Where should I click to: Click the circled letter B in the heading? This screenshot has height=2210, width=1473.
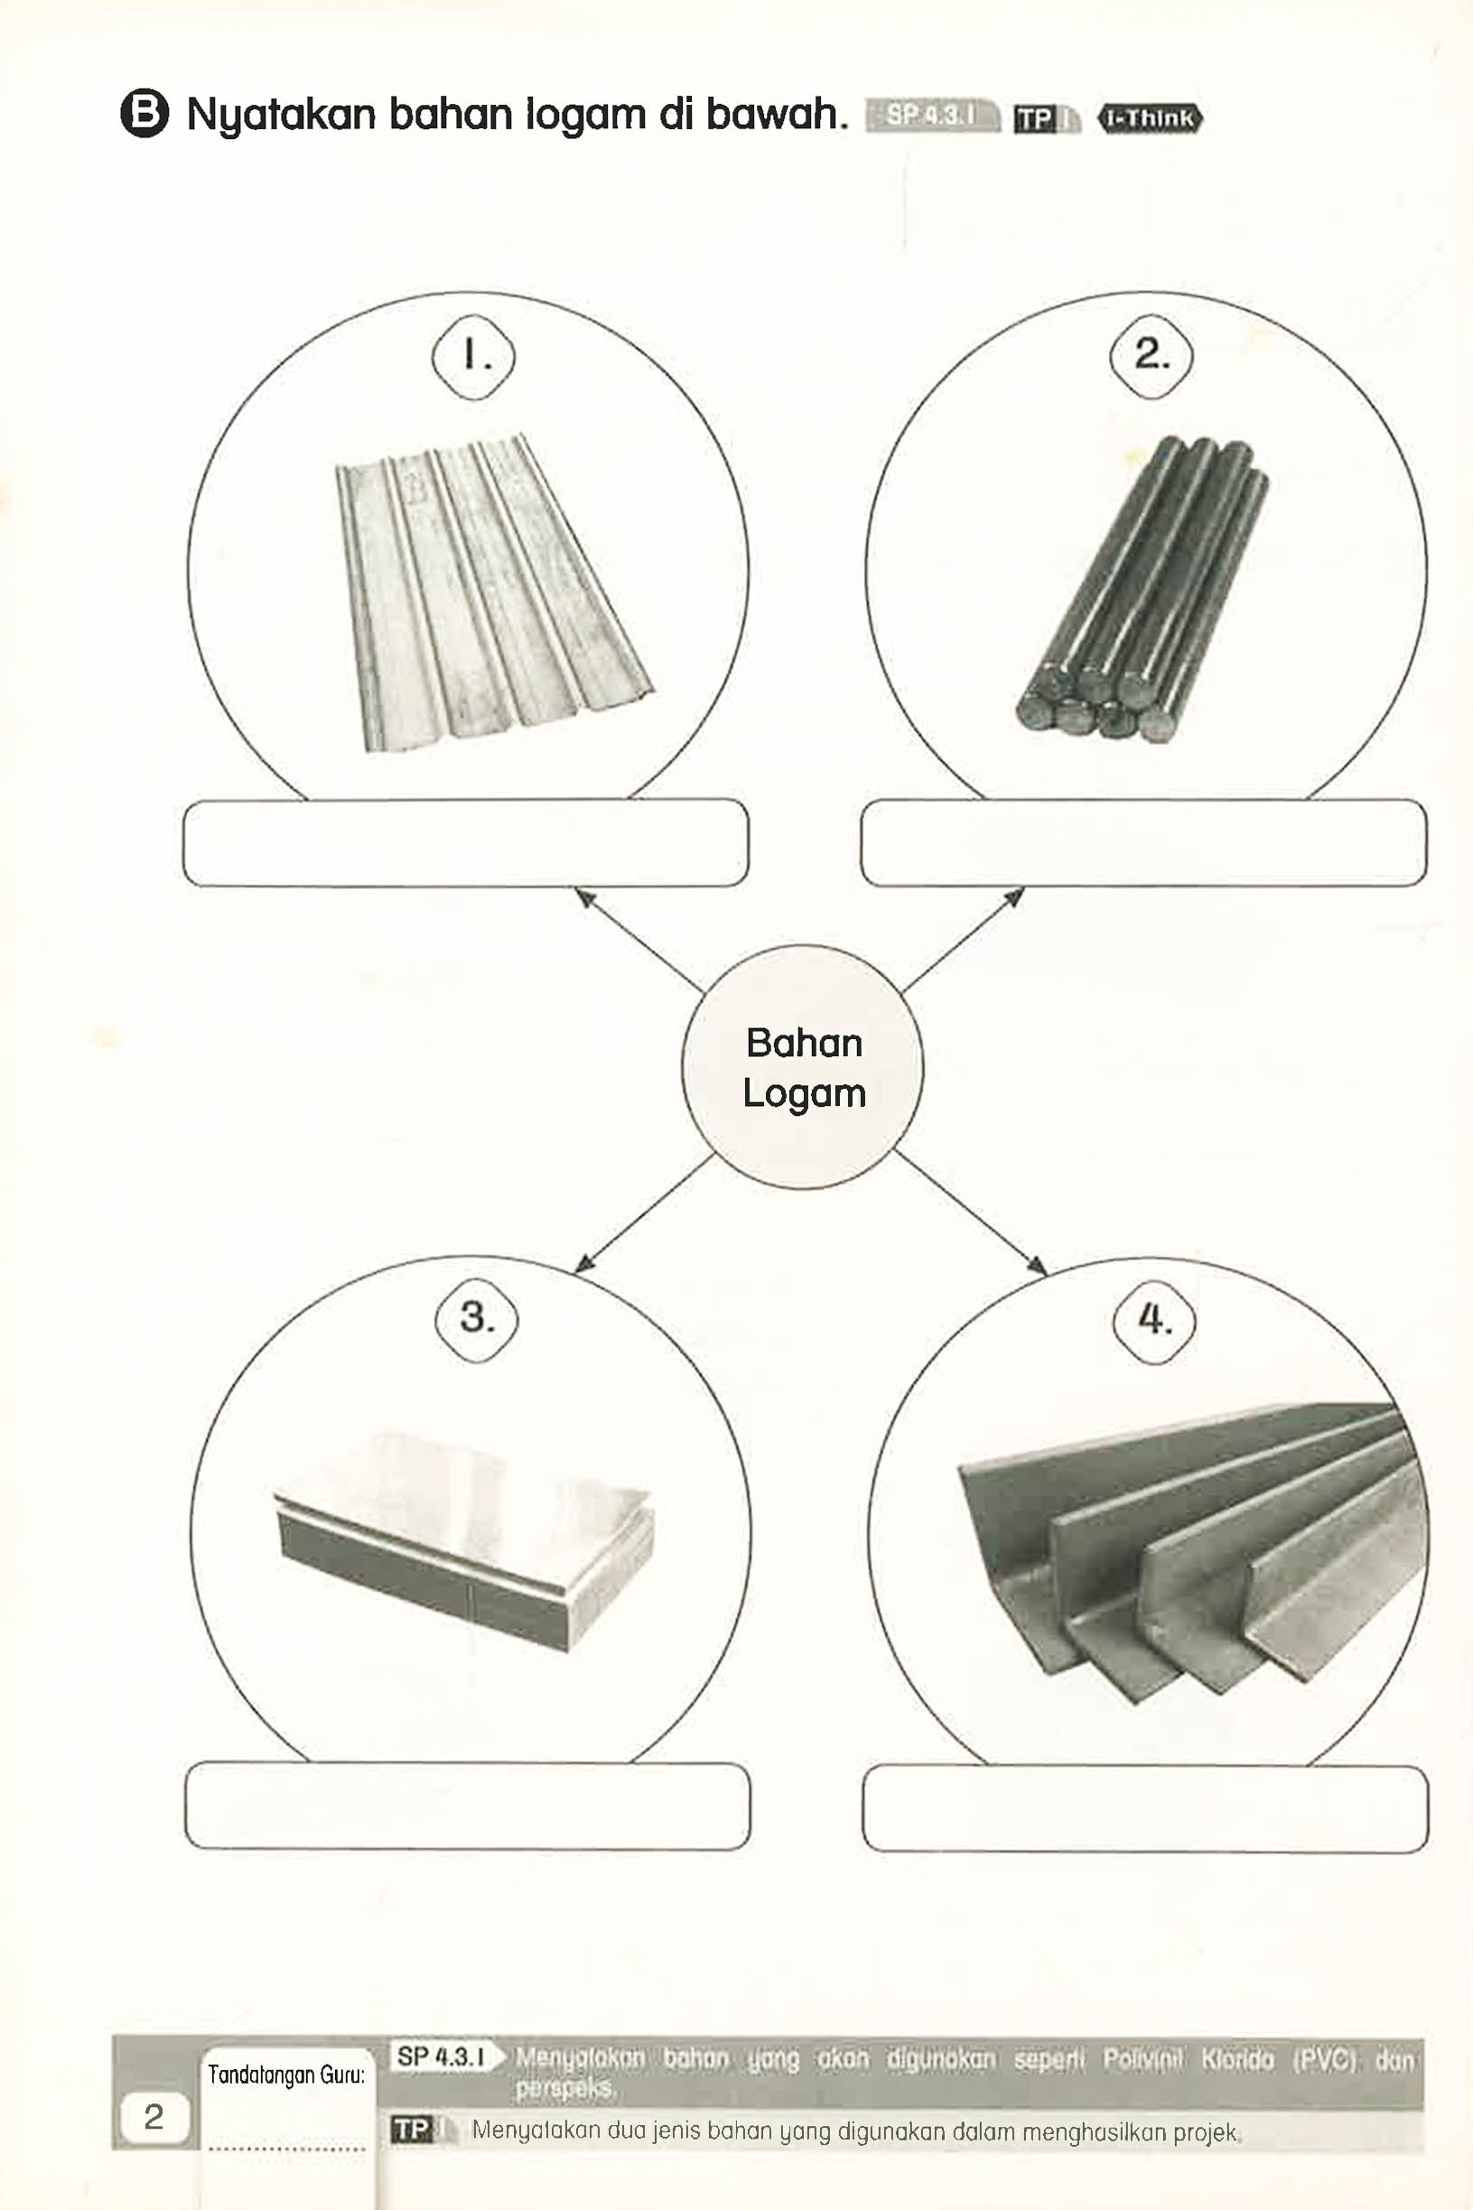tap(145, 115)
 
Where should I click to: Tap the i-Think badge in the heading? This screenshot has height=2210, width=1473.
tap(1150, 118)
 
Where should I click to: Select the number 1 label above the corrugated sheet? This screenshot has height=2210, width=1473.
tap(473, 356)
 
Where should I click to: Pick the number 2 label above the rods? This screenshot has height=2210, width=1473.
tap(1151, 355)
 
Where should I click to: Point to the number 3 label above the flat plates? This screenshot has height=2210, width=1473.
tap(476, 1317)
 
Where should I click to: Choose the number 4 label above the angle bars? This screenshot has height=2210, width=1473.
tap(1153, 1319)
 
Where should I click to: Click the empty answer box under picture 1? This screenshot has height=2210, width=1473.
tap(466, 843)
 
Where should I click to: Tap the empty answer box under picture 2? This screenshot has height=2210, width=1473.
tap(1143, 843)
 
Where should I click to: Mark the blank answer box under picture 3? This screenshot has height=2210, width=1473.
tap(468, 1806)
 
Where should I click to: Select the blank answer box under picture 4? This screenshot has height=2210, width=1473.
tap(1145, 1808)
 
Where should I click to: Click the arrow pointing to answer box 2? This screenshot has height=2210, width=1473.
tap(963, 940)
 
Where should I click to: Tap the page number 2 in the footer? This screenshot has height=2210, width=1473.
tap(154, 2116)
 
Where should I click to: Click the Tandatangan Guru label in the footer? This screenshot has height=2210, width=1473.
tap(285, 2074)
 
